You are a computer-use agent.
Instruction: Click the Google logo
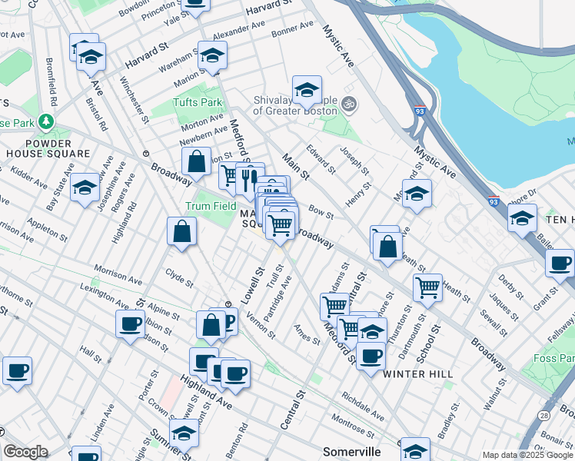pyautogui.click(x=25, y=452)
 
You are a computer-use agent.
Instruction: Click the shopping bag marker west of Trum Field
pyautogui.click(x=181, y=231)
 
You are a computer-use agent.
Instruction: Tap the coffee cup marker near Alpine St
pyautogui.click(x=130, y=323)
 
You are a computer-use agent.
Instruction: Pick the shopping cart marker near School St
pyautogui.click(x=427, y=288)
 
